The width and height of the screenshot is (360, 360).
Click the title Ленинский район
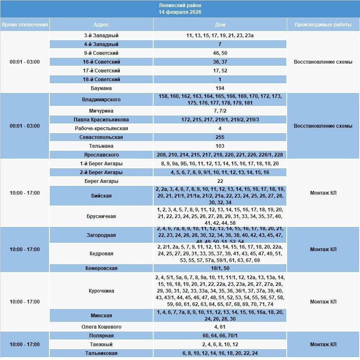pos(180,5)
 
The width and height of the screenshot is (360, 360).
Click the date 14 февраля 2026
pos(180,12)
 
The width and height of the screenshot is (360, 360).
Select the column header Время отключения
pos(25,25)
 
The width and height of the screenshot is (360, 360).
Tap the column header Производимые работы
pos(323,25)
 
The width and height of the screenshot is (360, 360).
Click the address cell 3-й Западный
pos(101,36)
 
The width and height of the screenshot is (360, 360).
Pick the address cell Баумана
pos(101,88)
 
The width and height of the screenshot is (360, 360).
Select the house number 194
pos(220,88)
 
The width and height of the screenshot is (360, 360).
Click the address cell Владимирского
pos(101,100)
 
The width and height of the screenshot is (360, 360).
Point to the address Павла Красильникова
pos(101,120)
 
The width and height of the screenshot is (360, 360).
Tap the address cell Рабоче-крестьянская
pos(101,129)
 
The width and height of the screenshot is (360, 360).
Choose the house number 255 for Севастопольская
pos(220,137)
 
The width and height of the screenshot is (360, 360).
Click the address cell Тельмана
pos(101,146)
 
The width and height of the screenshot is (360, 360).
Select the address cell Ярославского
pos(101,155)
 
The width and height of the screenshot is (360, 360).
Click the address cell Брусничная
pos(101,216)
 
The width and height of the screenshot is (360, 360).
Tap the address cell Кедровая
pos(101,254)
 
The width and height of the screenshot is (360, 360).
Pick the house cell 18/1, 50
pos(220,268)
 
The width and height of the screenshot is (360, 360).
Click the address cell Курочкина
pos(101,291)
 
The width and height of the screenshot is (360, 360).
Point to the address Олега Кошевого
pos(101,327)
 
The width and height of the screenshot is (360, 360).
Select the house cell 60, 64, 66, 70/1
pos(220,336)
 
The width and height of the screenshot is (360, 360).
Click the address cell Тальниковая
pos(101,353)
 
